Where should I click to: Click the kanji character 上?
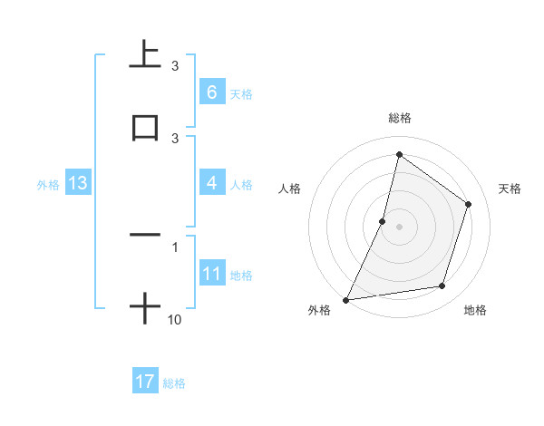(144, 56)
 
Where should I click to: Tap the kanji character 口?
(145, 128)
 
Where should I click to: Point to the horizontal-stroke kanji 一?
(145, 236)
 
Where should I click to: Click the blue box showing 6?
(211, 92)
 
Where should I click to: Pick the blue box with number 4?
(211, 183)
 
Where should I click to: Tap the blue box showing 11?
(211, 275)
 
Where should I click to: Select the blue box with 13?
(78, 183)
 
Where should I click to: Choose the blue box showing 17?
(145, 382)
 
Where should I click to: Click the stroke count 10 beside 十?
(175, 320)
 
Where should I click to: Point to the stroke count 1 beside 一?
(175, 247)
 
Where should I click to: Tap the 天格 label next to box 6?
(241, 93)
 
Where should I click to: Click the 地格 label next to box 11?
(241, 276)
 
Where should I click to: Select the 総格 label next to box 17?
(174, 383)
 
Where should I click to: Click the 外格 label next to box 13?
(48, 184)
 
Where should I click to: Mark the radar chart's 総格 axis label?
(399, 119)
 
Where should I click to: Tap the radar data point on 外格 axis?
(346, 299)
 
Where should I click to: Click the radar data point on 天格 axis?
(469, 204)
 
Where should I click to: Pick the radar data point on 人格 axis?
(383, 221)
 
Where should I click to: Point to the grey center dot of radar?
(399, 227)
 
